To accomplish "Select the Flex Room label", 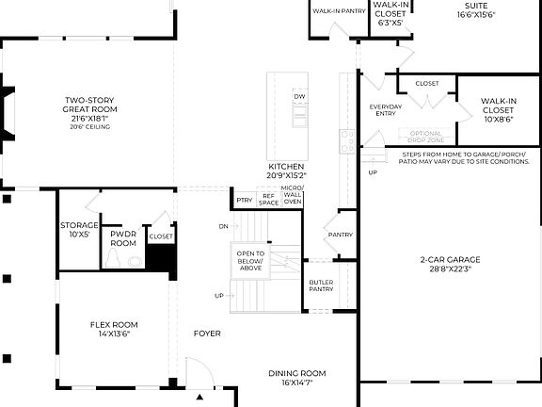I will pos(114,329).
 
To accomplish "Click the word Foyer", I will pos(207,334).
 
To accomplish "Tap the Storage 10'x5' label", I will pos(79,230).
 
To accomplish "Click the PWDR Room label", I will pos(123,237).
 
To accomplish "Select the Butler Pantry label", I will pos(321,285).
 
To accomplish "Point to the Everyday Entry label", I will pos(385,110).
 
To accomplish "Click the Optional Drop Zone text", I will pos(425,136).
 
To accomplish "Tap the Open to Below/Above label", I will pos(250,260).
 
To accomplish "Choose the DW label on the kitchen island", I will pos(299,97).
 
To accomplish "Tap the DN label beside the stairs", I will pos(223,226).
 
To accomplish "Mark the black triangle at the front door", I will pos(199,398).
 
